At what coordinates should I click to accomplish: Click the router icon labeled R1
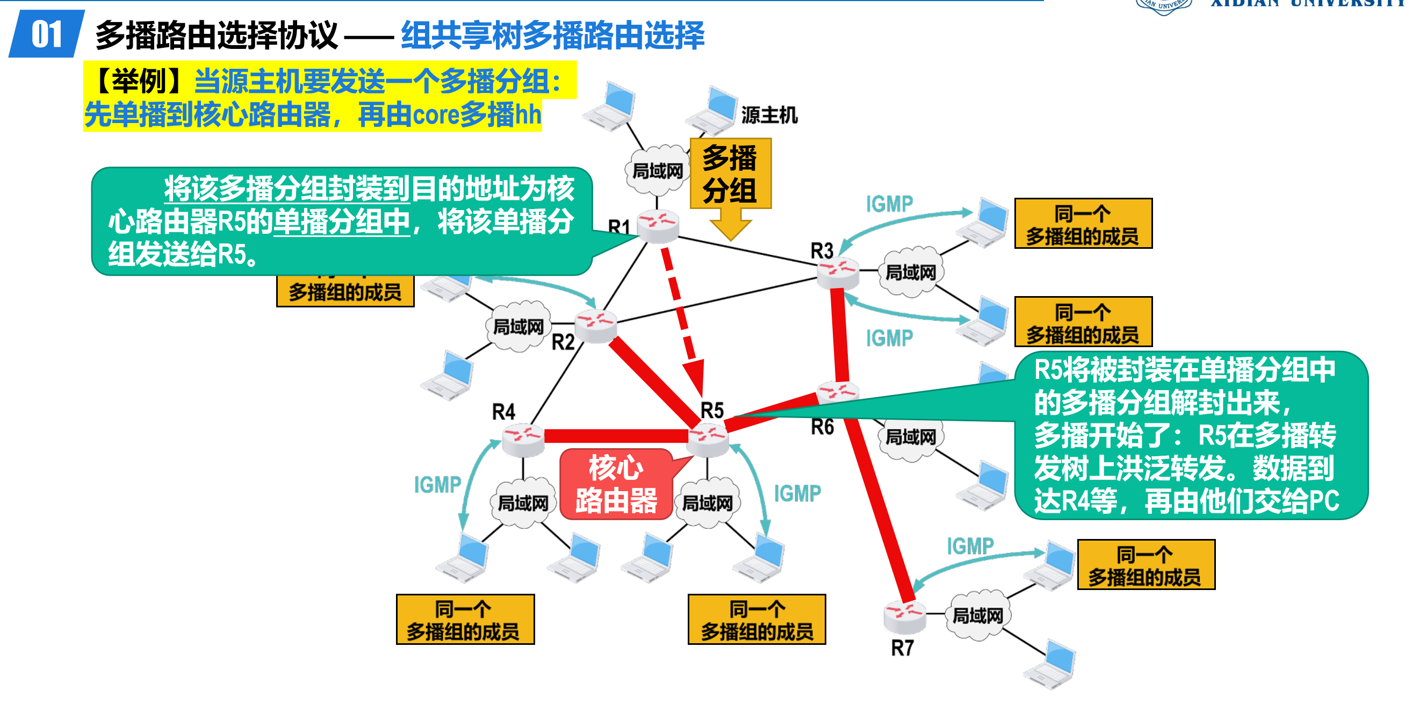(658, 226)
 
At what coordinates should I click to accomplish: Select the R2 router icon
(596, 326)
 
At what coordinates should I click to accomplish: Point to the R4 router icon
(523, 440)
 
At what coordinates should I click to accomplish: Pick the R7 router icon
(904, 616)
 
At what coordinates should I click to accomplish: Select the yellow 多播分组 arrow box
(730, 174)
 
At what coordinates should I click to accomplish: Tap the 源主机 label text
(769, 115)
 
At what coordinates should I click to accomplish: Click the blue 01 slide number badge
(47, 34)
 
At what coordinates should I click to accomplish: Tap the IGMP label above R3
(889, 204)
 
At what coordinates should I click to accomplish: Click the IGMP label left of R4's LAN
(437, 485)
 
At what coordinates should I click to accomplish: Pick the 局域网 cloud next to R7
(977, 615)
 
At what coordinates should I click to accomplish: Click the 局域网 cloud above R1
(657, 171)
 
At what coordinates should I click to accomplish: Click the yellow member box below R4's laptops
(465, 620)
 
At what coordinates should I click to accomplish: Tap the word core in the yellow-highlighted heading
(435, 115)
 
